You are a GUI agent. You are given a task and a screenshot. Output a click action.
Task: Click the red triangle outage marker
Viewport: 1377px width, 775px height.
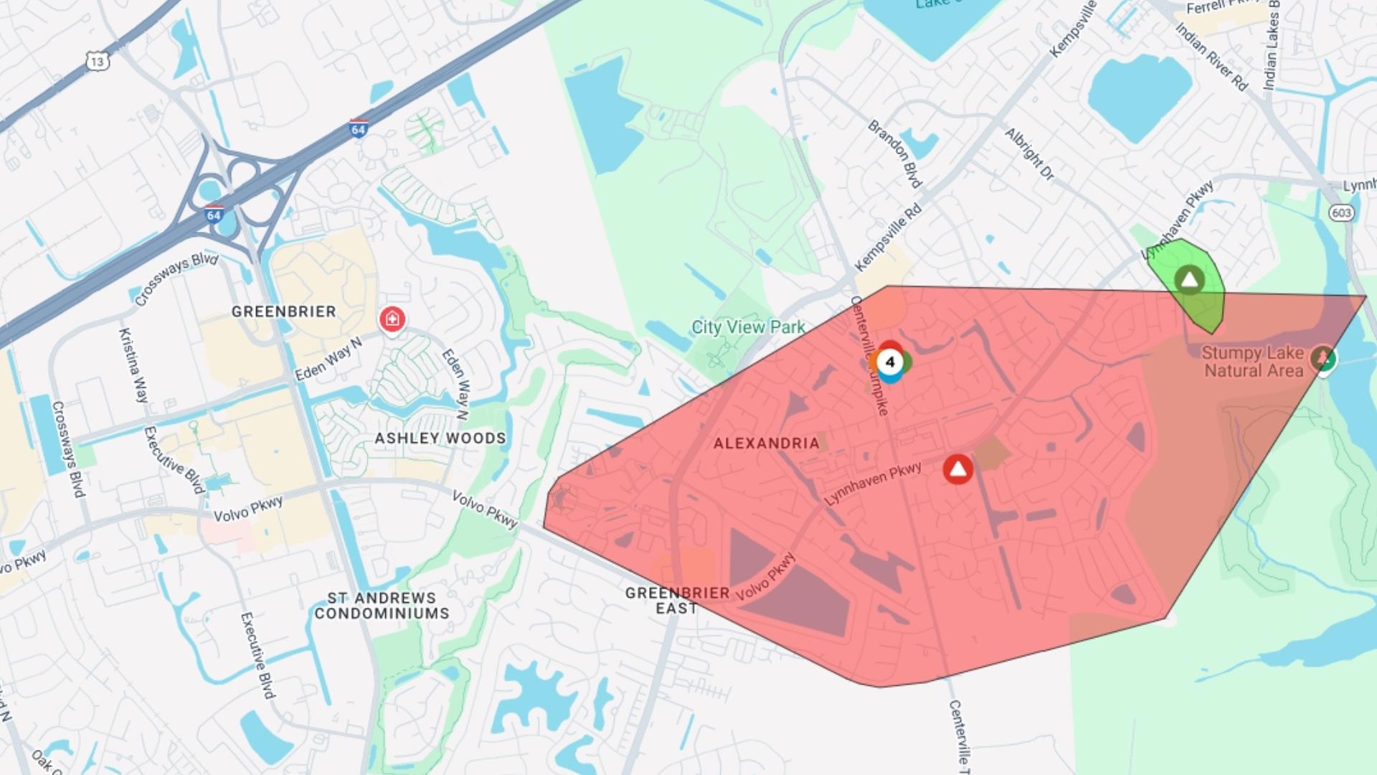click(957, 469)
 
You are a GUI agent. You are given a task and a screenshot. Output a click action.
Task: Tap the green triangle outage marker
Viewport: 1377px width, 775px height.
click(1189, 279)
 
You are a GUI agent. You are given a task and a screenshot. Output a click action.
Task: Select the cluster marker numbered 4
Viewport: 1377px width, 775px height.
click(890, 362)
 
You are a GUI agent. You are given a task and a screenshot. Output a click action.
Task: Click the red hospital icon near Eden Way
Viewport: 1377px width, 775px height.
click(392, 319)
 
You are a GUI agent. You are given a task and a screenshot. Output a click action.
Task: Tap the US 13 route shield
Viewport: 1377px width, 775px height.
click(98, 61)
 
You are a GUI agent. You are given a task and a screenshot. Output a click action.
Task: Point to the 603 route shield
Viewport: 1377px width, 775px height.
click(1341, 212)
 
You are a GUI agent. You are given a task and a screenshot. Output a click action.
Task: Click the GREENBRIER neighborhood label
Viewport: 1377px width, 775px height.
click(283, 311)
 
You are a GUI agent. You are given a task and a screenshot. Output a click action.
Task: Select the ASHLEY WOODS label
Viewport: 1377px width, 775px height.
click(440, 438)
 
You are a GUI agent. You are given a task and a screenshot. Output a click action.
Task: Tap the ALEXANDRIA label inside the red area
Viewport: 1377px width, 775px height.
click(766, 443)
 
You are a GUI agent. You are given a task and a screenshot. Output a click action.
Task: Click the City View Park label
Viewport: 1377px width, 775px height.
click(748, 327)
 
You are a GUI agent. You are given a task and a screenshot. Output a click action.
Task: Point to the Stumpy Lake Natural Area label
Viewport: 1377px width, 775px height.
click(1252, 362)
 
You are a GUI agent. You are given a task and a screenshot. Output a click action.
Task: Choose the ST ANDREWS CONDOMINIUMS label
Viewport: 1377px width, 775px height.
click(382, 606)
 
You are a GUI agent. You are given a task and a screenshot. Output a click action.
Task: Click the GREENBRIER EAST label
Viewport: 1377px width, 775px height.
click(677, 601)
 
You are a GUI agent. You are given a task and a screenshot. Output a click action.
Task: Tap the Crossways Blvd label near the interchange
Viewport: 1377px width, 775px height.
click(176, 278)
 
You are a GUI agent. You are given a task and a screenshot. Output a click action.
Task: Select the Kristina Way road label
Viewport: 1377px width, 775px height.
click(133, 365)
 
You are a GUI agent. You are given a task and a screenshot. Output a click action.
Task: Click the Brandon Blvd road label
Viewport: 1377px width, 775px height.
click(894, 154)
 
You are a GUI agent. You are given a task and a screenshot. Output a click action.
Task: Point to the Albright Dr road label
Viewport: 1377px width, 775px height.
click(1029, 154)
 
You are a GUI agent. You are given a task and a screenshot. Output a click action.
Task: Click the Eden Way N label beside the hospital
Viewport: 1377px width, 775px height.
click(329, 359)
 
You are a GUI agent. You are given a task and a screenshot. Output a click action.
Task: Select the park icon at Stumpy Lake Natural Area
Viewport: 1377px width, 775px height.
click(1322, 357)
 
